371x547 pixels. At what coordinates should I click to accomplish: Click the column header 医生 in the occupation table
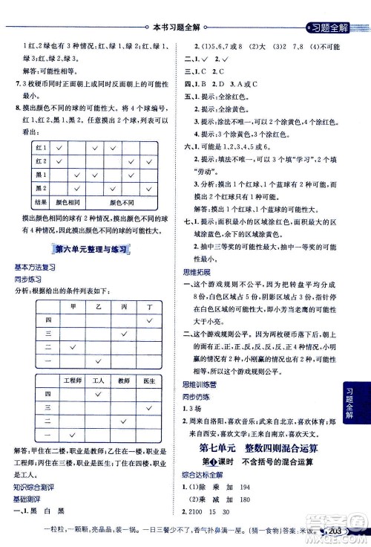[x=150, y=381]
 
